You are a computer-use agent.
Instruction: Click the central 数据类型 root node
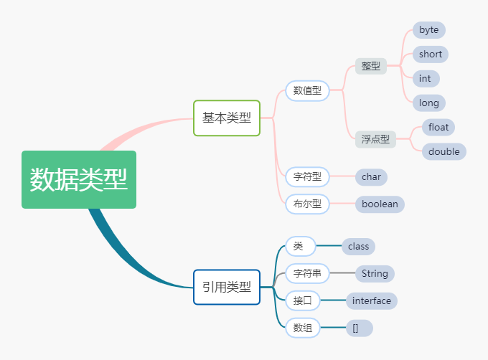tap(79, 179)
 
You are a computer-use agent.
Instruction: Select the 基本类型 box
tap(227, 118)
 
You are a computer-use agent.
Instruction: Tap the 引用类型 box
tap(227, 287)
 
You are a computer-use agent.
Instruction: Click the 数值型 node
tap(307, 91)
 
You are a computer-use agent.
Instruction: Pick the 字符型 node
tap(307, 176)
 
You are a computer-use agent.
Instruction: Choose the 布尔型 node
tap(307, 204)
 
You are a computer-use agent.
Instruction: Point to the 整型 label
tap(371, 66)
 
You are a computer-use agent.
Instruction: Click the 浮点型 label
tap(375, 139)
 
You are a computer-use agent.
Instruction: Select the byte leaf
tap(428, 30)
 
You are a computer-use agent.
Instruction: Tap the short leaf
tap(431, 55)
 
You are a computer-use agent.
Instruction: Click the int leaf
tap(426, 78)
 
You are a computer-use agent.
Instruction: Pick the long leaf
tap(428, 103)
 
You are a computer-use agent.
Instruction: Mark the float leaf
tap(438, 127)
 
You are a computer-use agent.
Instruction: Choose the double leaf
tap(444, 151)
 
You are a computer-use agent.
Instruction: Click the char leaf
tap(371, 176)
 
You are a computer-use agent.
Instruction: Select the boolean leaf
tap(380, 204)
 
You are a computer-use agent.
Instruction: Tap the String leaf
tap(375, 273)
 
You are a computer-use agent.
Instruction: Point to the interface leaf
tap(371, 300)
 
